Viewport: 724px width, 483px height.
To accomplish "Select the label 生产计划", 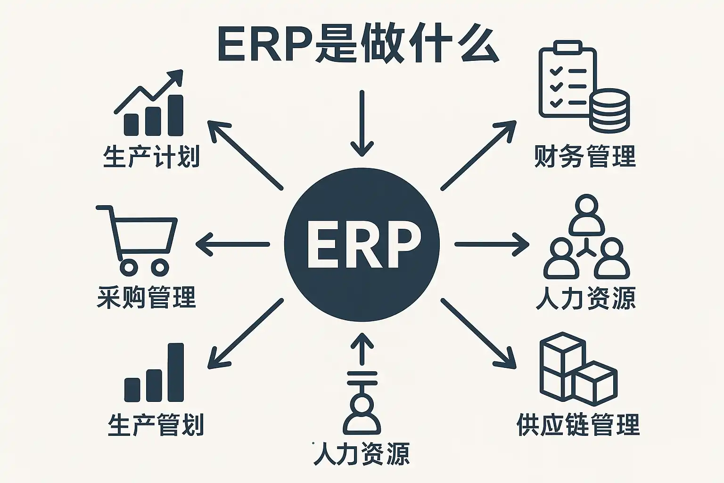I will (151, 157).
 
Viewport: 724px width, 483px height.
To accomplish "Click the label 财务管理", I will (585, 156).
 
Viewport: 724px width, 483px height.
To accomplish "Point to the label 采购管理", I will (146, 297).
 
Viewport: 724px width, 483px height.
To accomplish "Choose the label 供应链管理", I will (578, 425).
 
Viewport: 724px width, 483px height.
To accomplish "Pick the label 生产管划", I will (156, 425).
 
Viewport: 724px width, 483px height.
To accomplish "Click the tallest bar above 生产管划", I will (175, 372).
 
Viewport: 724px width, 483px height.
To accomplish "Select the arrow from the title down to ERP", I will (362, 123).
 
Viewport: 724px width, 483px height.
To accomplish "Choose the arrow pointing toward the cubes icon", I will (478, 333).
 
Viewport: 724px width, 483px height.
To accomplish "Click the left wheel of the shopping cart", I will (129, 268).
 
